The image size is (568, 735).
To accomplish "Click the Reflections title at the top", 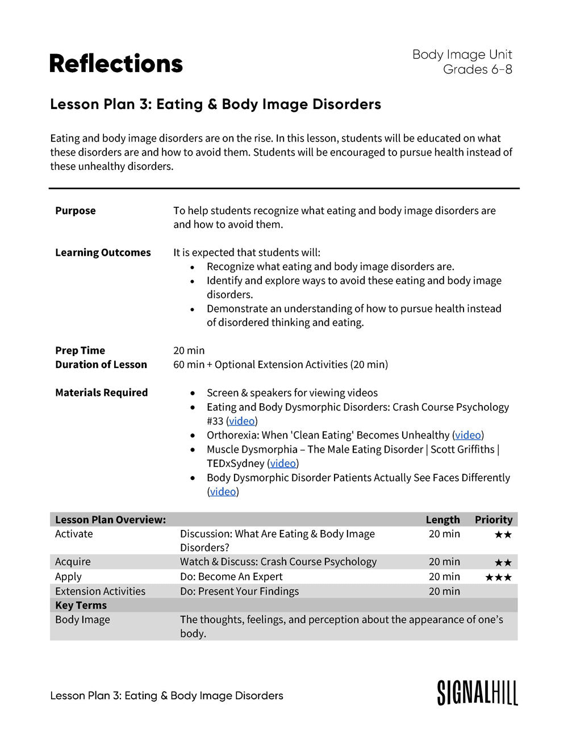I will pos(116,64).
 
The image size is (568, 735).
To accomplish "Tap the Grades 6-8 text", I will pos(477,69).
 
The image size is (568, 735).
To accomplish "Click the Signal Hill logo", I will pos(477,692).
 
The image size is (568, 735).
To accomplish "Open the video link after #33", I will pos(241,421).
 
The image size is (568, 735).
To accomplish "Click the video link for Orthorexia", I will pos(468,435).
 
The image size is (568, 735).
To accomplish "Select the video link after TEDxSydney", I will pos(283,463).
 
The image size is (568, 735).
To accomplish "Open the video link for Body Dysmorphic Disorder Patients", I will pos(223,492).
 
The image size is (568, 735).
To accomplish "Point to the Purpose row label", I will pos(76,211).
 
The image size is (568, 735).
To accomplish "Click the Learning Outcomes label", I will pos(103,253).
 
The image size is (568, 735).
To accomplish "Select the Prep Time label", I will pos(80,350).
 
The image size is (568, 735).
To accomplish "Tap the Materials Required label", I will pos(101,392).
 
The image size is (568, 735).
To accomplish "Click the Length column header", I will pos(442,520).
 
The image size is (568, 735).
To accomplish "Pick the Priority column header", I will pos(494,520).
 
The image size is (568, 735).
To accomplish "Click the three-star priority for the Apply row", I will pos(498,577).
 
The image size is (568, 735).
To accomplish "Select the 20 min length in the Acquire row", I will pos(444,562).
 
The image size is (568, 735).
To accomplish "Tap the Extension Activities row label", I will pos(100,591).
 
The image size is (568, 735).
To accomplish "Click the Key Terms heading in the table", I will pos(81,605).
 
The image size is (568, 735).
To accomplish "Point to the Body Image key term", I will pos(82,620).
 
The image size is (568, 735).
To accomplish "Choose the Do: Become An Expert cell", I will pos(231,577).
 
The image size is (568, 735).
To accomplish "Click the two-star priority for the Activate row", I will pos(503,534).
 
